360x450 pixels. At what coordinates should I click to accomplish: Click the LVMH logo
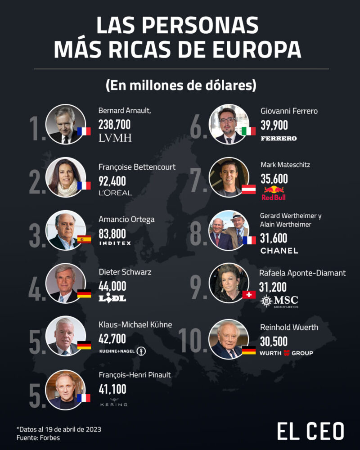pos(115,138)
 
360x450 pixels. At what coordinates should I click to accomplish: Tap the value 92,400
pos(112,181)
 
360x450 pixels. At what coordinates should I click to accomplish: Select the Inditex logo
pos(115,243)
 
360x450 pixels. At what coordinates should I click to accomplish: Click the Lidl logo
pos(112,298)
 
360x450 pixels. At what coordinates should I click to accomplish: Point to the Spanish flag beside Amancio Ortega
pos(84,239)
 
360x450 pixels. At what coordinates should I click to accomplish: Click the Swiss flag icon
pos(248,295)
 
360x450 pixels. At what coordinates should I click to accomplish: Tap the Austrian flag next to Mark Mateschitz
pos(249,189)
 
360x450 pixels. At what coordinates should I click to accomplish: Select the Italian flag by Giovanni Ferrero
pos(249,131)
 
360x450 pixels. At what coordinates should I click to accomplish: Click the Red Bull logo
pos(274,193)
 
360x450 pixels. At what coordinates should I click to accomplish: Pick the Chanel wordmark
pos(279,251)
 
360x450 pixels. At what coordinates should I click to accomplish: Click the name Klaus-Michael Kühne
pos(135,325)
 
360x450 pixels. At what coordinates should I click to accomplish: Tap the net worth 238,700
pos(115,125)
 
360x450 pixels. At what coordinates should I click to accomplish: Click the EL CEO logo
pos(310,431)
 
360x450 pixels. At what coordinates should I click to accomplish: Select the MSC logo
pos(280,301)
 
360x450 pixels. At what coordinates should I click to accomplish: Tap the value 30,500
pos(274,342)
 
